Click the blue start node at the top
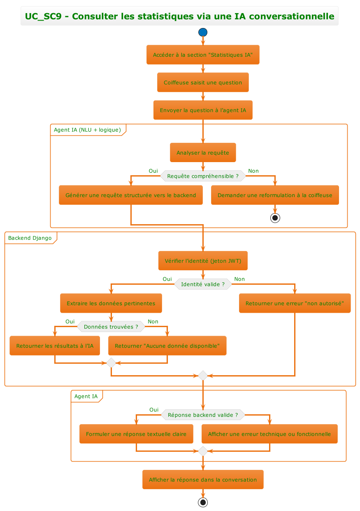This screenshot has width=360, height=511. coord(203,32)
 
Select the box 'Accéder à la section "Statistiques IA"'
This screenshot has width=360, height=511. coord(203,55)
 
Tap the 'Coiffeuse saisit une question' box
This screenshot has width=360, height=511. coord(203,82)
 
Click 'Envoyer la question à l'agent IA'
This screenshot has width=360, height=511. coord(203,110)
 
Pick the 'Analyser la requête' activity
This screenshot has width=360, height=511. coord(203,153)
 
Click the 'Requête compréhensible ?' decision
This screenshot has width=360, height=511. coord(203,176)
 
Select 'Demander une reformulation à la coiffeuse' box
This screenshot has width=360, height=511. coord(275,195)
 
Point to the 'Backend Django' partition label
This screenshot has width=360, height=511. coord(30,238)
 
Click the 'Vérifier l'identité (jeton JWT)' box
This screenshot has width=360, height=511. coord(203,260)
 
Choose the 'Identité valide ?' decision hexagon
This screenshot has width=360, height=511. coord(203,284)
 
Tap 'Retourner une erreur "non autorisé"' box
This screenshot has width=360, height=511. coord(295,303)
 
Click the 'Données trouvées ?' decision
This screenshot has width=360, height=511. coord(111,327)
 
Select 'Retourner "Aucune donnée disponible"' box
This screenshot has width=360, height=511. coord(167,346)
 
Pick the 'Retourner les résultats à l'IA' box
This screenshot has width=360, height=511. coord(55,346)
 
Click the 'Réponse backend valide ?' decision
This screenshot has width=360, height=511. coord(203,415)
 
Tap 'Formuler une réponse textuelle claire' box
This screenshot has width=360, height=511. coord(136,434)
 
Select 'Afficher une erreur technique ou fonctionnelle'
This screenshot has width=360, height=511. coord(269,434)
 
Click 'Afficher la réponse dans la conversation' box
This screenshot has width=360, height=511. coord(203,479)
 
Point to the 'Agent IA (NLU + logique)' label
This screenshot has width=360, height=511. coord(87,130)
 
